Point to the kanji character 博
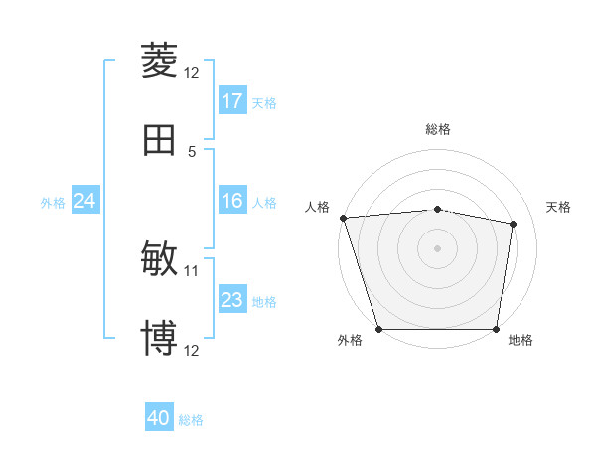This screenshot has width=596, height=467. coord(159,339)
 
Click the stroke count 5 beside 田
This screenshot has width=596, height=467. coord(192,151)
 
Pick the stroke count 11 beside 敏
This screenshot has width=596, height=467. coord(192,269)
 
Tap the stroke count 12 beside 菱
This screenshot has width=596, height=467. coord(192,72)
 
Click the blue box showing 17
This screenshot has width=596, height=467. coord(232,101)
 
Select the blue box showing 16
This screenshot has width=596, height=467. coord(232,202)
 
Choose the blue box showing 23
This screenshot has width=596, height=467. coord(232,300)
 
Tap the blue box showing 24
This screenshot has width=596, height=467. coord(85,202)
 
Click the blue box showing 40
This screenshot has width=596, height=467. coord(159,419)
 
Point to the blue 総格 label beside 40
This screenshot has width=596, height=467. coord(192,420)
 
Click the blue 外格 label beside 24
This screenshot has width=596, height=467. coord(53,203)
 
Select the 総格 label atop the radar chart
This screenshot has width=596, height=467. coord(438,129)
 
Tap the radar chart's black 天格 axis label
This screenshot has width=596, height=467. coord(559,207)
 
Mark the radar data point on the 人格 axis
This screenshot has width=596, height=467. coord(343,218)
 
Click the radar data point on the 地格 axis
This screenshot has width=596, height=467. coord(496,329)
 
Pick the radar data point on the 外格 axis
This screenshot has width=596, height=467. coord(379,329)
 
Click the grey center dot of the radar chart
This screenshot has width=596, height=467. coord(438,248)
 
